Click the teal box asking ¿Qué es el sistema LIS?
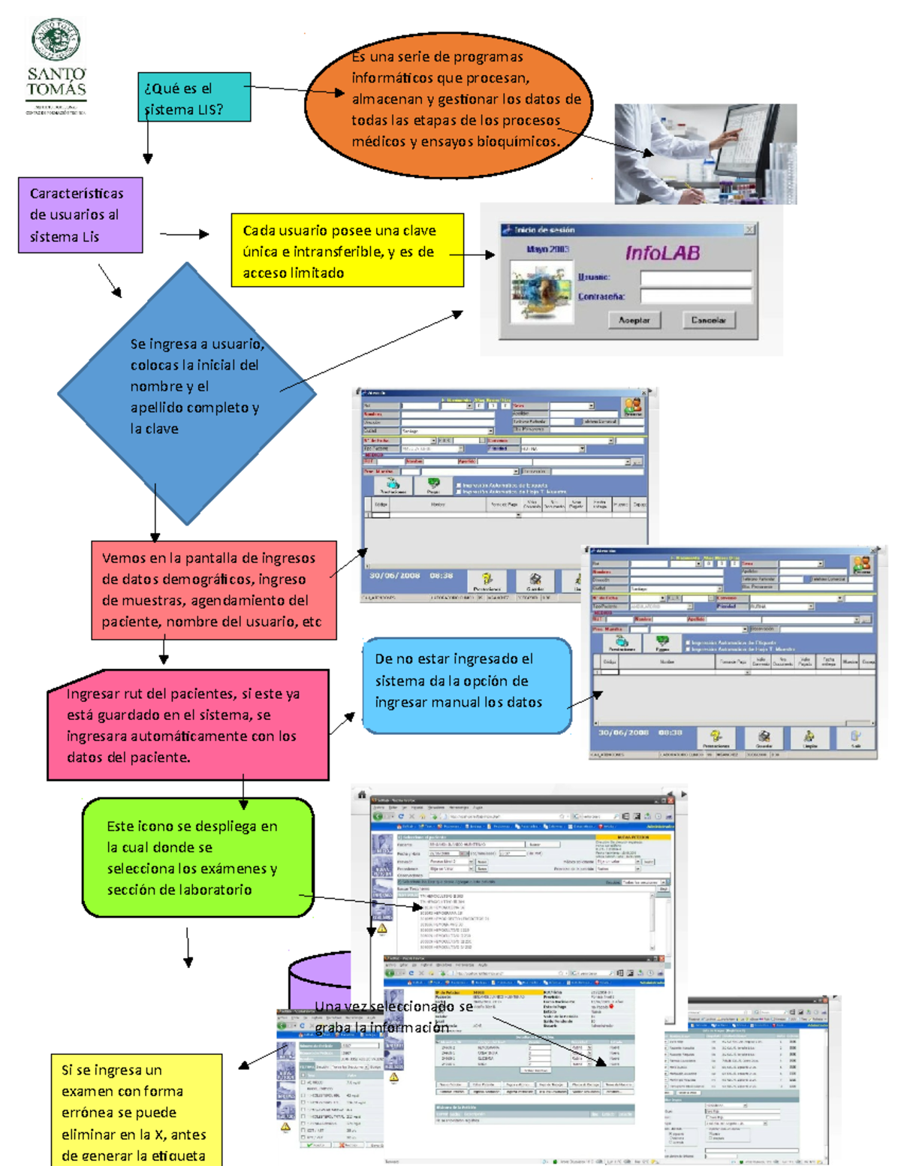click(194, 98)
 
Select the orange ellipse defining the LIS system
click(448, 104)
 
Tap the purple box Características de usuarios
click(80, 215)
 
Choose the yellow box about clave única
click(347, 250)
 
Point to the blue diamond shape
click(186, 392)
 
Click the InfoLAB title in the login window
click(662, 253)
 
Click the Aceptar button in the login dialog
click(634, 320)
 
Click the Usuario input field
click(695, 278)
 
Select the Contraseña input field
click(695, 297)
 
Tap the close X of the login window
click(749, 229)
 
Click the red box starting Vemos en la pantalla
click(213, 590)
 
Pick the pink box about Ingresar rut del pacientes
click(188, 725)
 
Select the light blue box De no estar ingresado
click(466, 685)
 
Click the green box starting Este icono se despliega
click(197, 857)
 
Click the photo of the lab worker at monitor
click(705, 154)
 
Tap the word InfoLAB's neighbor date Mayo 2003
click(548, 249)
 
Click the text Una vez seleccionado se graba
click(393, 1017)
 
